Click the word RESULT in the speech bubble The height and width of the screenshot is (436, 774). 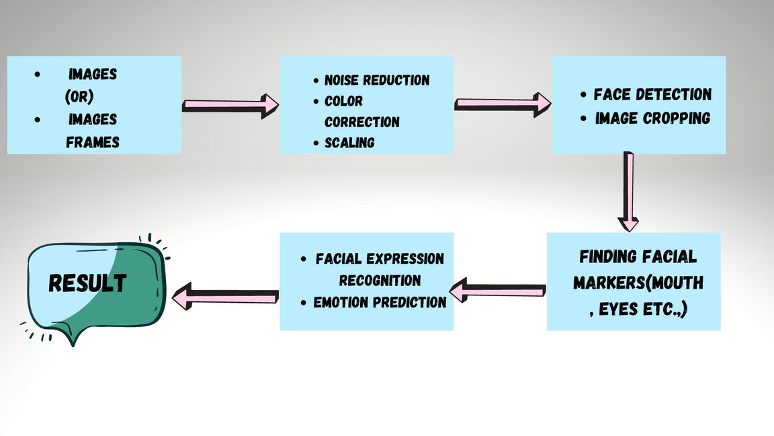click(87, 283)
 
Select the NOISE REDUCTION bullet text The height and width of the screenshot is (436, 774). click(377, 80)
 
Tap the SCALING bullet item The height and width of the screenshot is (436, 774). click(349, 143)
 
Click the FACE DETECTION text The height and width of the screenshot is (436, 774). click(652, 94)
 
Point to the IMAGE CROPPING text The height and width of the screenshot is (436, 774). click(652, 118)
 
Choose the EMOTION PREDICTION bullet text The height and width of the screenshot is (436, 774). click(380, 303)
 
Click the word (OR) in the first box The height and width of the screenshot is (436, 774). click(79, 97)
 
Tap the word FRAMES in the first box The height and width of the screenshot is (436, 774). click(93, 142)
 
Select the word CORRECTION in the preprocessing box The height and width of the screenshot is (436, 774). click(362, 122)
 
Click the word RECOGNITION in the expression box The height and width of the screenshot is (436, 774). click(380, 281)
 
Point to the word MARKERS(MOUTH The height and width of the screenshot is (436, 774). click(638, 283)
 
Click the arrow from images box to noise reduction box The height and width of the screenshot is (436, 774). click(230, 106)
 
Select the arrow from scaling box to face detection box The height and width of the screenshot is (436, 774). click(503, 104)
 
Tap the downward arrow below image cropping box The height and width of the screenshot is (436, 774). click(629, 192)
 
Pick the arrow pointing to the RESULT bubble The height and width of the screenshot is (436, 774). click(225, 297)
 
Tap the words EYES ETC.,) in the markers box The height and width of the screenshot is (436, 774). click(638, 310)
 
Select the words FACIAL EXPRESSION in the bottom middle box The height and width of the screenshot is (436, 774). click(380, 259)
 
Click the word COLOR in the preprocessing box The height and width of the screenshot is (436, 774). click(343, 101)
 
